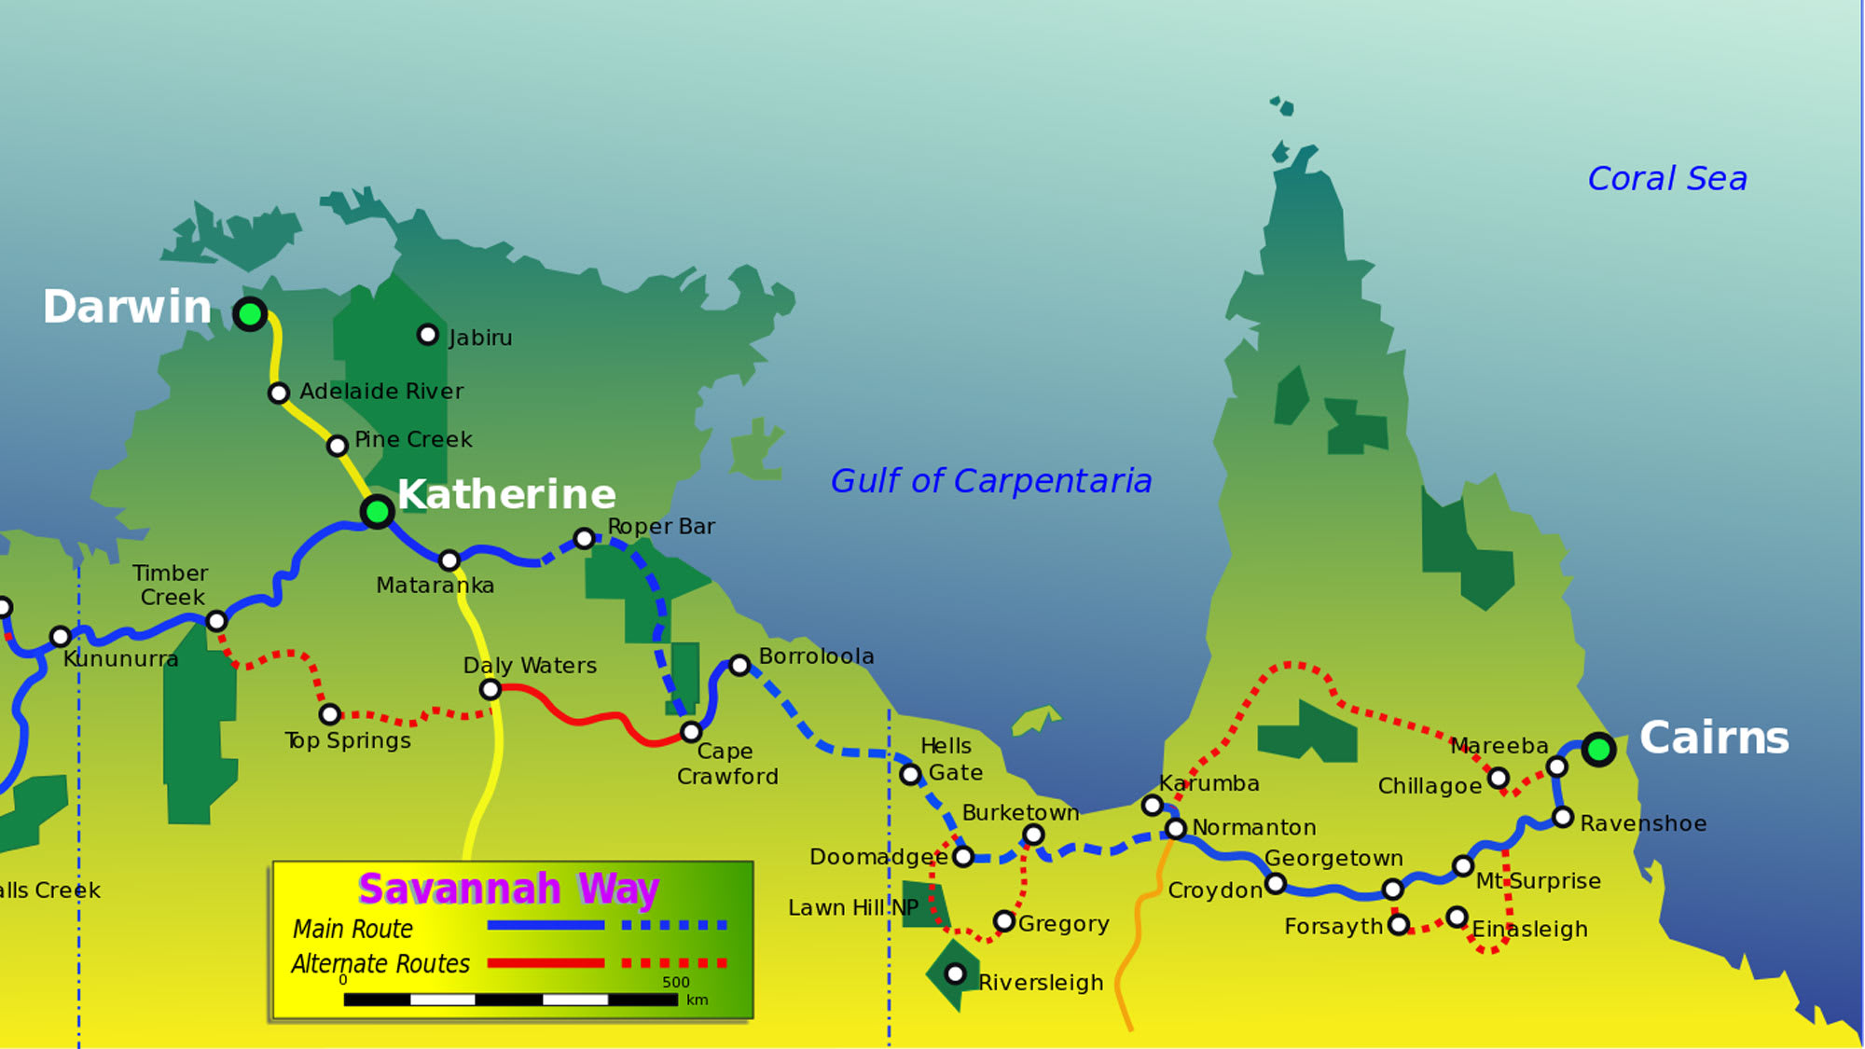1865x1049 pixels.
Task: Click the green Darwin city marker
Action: (x=250, y=314)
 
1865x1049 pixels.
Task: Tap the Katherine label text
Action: (x=506, y=494)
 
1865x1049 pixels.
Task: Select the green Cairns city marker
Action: (x=1598, y=749)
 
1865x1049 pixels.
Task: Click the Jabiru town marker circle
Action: (x=427, y=335)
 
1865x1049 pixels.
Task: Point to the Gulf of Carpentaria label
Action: (x=991, y=481)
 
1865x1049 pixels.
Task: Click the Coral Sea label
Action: (x=1667, y=178)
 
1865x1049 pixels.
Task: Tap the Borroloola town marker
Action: (x=739, y=666)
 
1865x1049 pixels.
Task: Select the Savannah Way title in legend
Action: (x=508, y=889)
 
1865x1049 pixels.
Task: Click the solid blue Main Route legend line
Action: (x=546, y=926)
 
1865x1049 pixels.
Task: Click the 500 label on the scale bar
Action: (x=676, y=982)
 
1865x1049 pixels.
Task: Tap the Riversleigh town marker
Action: (x=955, y=974)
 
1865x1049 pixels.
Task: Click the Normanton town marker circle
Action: (x=1176, y=829)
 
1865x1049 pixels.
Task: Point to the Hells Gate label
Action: (x=950, y=759)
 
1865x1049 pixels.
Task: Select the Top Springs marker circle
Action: (x=329, y=715)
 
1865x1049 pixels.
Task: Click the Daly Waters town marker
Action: (x=490, y=690)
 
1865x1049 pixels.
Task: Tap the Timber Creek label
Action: (x=171, y=585)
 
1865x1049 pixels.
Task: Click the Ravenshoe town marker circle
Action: (x=1563, y=818)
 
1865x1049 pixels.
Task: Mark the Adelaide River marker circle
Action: (x=278, y=393)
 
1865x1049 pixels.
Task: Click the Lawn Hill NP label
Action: (x=853, y=907)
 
